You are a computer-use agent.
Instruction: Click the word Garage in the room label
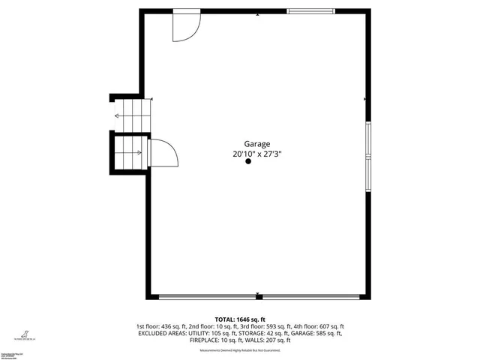(x=257, y=144)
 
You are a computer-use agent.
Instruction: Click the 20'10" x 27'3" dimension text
(x=257, y=154)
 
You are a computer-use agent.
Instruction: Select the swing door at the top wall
(x=184, y=26)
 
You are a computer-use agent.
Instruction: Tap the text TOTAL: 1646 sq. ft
(x=240, y=319)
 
